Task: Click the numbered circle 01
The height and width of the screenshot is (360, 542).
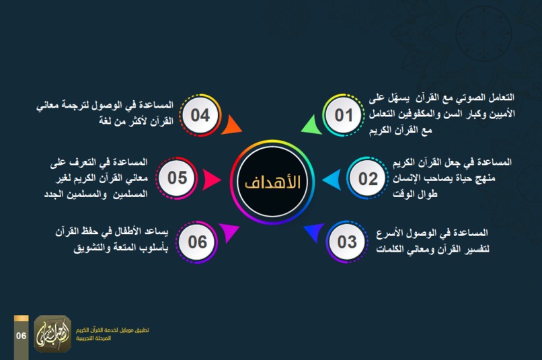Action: [344, 115]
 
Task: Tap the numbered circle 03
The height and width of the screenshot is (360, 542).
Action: [347, 241]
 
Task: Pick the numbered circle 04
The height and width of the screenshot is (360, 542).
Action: [200, 115]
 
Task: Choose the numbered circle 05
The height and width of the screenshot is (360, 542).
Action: [178, 178]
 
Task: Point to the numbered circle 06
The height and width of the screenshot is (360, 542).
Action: [198, 241]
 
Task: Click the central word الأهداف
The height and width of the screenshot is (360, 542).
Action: [272, 182]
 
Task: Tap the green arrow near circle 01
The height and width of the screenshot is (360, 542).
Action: [309, 124]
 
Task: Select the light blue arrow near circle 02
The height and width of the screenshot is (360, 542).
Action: [331, 180]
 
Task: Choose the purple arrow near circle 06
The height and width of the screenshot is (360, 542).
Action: [230, 232]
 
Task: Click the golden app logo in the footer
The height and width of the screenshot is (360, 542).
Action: [52, 334]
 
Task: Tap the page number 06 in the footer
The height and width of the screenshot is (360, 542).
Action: [22, 335]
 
